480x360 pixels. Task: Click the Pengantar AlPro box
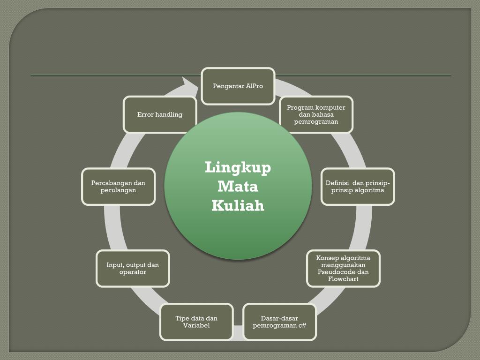[238, 86]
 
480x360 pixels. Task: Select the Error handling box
[159, 114]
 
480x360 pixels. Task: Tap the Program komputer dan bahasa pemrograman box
[316, 114]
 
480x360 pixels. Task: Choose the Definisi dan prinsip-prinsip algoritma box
[358, 187]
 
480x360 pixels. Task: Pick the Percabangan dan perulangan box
[118, 187]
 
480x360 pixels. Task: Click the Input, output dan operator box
[133, 268]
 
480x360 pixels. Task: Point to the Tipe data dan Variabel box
[196, 322]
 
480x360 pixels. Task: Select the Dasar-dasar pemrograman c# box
[279, 322]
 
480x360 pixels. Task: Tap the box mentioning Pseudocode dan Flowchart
[343, 268]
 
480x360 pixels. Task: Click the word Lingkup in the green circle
[238, 167]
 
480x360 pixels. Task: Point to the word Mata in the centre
[238, 187]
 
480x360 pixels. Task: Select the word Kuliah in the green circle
[238, 206]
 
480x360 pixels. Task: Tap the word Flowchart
[343, 279]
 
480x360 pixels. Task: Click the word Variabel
[196, 325]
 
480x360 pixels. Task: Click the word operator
[133, 272]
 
